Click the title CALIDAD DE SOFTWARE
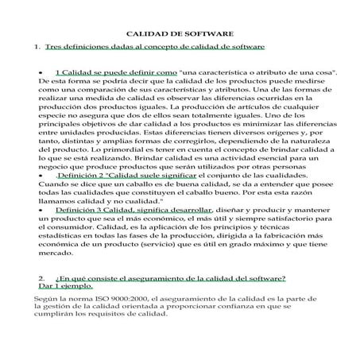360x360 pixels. pyautogui.click(x=180, y=35)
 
